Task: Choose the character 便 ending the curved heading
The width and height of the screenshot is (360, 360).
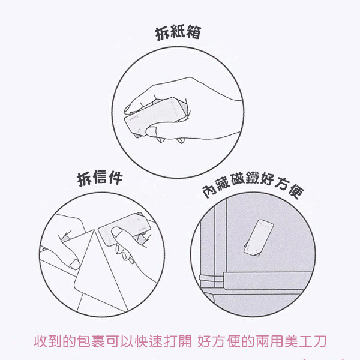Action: click(295, 191)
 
